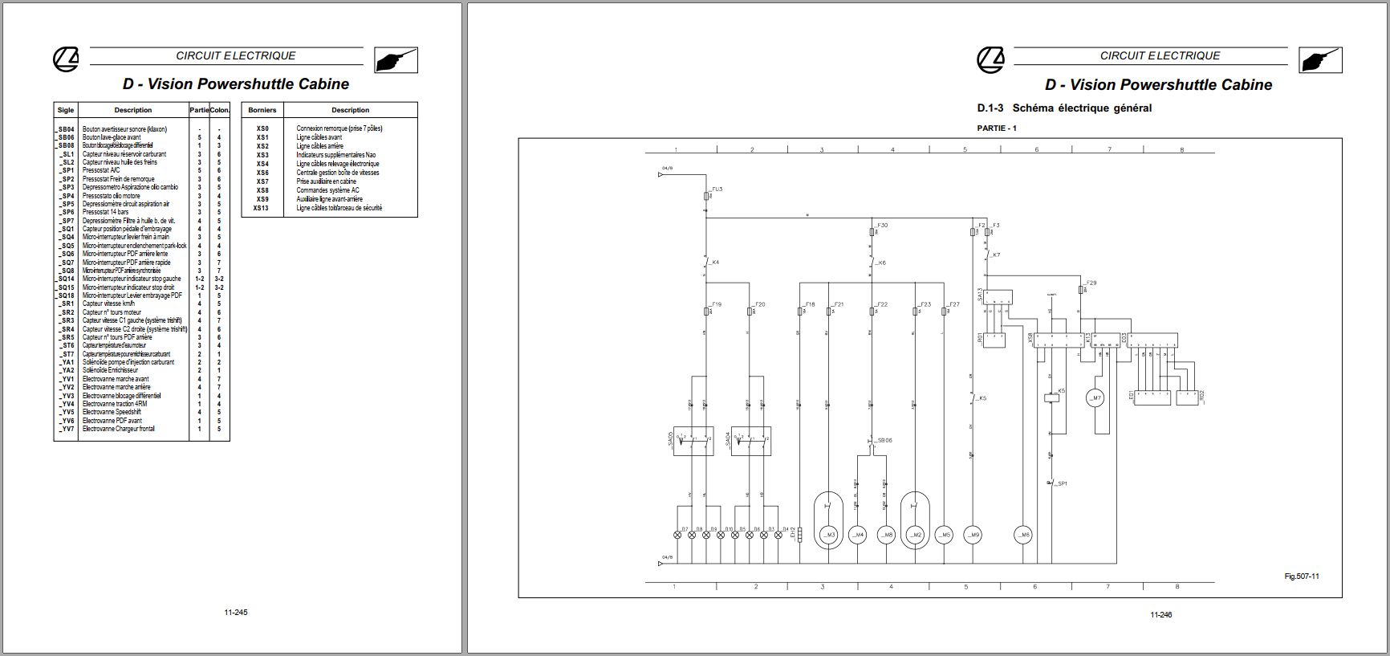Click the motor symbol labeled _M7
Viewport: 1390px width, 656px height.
click(1095, 397)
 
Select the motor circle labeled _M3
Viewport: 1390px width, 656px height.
click(829, 535)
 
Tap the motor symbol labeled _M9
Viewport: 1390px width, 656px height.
click(973, 535)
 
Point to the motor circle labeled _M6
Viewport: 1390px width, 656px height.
click(1022, 535)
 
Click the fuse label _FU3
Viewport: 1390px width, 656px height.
click(716, 189)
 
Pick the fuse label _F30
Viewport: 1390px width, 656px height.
click(882, 226)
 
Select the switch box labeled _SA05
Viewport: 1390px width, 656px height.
click(691, 441)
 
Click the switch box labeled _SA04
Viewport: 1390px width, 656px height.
click(751, 441)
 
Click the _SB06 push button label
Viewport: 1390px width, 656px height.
click(884, 440)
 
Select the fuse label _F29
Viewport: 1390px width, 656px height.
click(1090, 283)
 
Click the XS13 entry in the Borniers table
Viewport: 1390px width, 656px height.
click(261, 208)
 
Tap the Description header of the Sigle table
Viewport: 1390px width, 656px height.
click(132, 110)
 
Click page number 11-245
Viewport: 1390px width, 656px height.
click(236, 613)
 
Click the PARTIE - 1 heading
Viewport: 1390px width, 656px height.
click(996, 128)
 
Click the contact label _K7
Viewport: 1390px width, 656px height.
click(995, 255)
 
